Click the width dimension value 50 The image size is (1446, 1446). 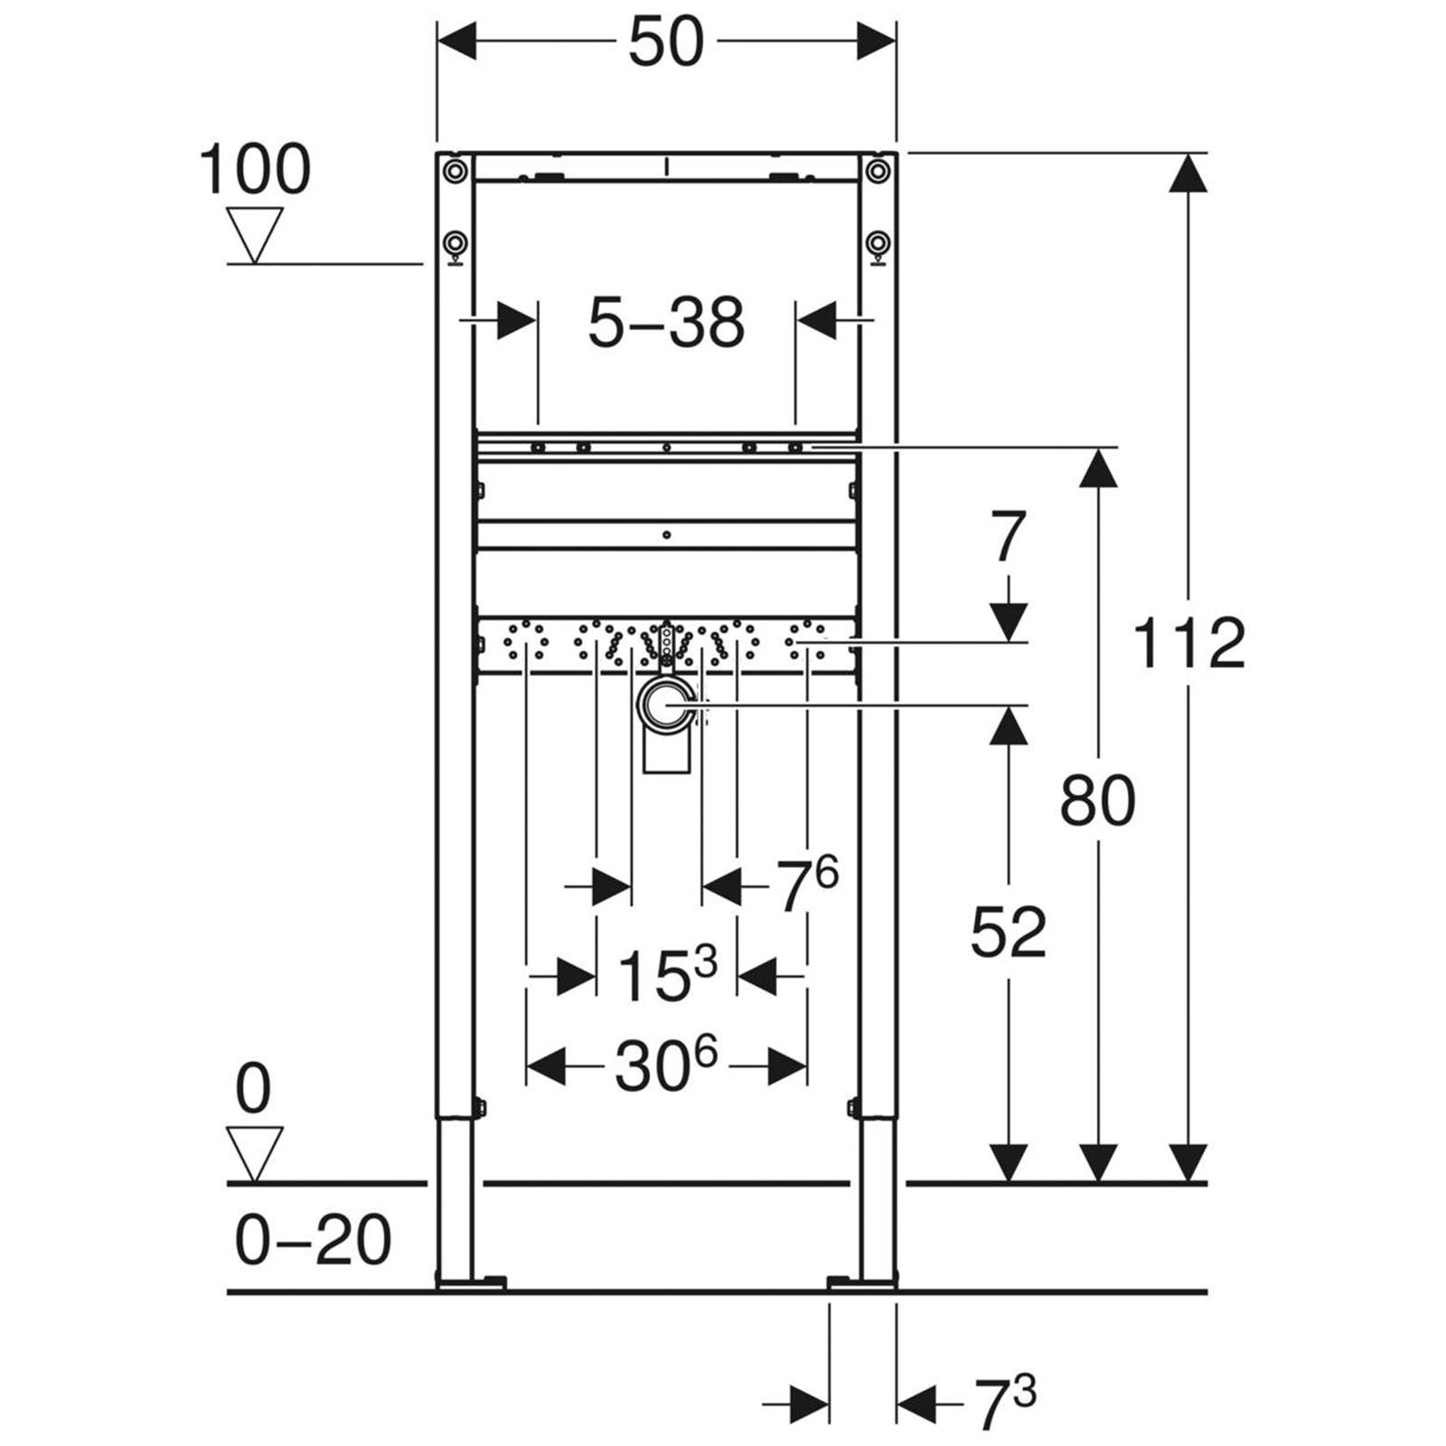[666, 42]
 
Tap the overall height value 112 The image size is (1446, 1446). [1188, 643]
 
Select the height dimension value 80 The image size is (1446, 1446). [1097, 801]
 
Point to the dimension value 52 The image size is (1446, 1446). [1008, 933]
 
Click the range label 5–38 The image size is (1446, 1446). [666, 323]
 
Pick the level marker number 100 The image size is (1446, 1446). [254, 170]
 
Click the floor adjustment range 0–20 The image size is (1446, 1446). [313, 1240]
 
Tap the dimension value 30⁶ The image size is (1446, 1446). [666, 1066]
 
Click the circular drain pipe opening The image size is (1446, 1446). [667, 704]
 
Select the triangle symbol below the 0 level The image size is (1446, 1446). [255, 1152]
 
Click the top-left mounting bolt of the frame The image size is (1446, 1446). [455, 170]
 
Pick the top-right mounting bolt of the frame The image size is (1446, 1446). [877, 170]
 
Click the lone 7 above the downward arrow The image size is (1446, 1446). [1008, 537]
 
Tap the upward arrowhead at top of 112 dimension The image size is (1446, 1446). [1188, 172]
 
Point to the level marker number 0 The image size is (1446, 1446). [253, 1090]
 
